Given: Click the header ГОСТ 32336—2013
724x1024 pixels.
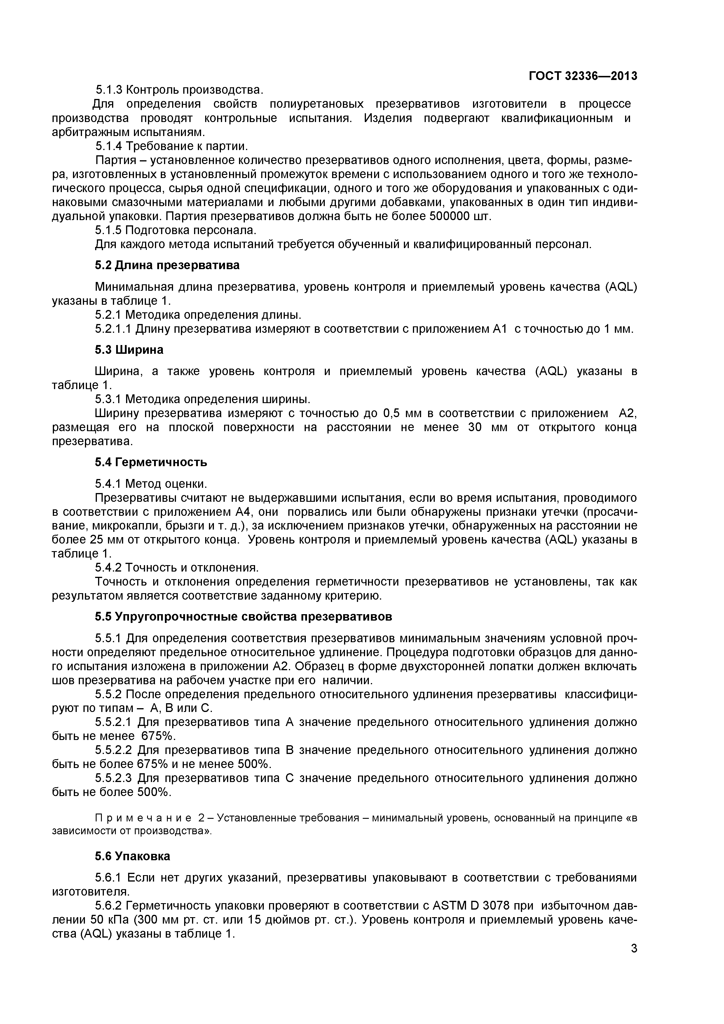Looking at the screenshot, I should click(x=583, y=76).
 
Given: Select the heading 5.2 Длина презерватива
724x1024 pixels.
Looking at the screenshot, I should click(x=167, y=265).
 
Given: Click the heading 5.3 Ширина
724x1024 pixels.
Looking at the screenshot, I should click(x=129, y=350).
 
